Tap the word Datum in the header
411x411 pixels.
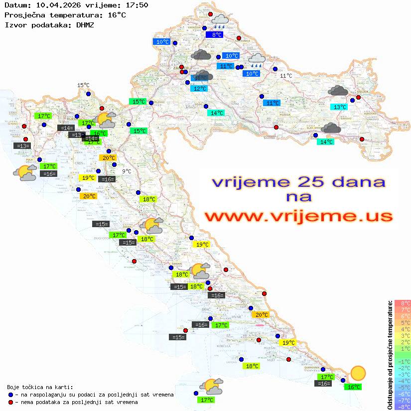click(x=15, y=5)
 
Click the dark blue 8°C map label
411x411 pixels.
click(x=216, y=35)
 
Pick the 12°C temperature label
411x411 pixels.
click(x=199, y=89)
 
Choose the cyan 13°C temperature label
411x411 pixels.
click(x=339, y=107)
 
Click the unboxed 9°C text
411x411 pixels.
click(x=127, y=171)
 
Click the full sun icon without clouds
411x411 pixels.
click(x=357, y=373)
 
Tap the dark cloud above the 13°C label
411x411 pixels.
click(x=338, y=91)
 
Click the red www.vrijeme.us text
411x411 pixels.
click(x=298, y=216)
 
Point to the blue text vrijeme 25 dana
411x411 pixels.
click(x=298, y=182)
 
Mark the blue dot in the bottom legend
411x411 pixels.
click(x=11, y=395)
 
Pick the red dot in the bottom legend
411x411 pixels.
click(x=11, y=402)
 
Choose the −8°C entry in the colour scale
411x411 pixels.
click(x=402, y=407)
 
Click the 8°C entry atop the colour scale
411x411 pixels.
click(x=402, y=303)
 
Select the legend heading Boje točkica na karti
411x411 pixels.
click(x=40, y=387)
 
